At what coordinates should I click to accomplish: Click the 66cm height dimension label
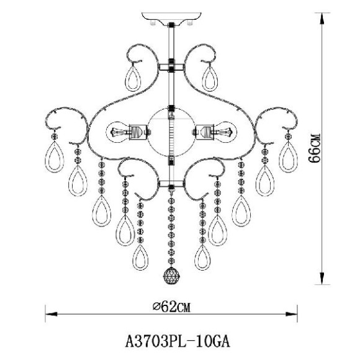pos(314,148)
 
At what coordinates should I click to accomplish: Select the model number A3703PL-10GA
pos(178,341)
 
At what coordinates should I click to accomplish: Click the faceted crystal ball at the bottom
pos(171,276)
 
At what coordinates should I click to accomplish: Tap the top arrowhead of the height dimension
pos(322,19)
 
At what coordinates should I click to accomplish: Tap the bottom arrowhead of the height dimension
pos(322,279)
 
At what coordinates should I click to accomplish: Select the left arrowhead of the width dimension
pos(51,314)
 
